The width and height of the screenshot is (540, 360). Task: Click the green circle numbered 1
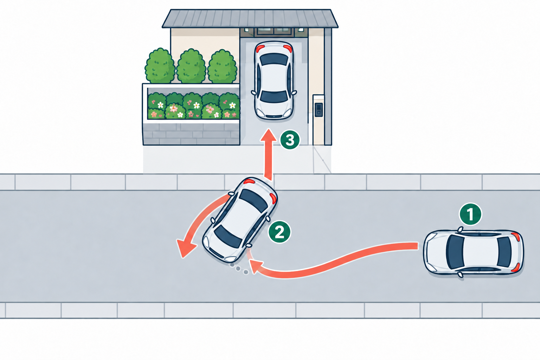tap(470, 214)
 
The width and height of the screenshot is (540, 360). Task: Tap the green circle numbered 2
tap(279, 232)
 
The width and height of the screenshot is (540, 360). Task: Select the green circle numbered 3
tap(290, 140)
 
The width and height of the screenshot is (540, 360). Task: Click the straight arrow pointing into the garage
tap(268, 154)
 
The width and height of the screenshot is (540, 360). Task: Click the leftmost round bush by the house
tap(160, 66)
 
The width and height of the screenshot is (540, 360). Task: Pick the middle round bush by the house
tap(191, 66)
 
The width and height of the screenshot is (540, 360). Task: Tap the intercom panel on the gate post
tap(319, 110)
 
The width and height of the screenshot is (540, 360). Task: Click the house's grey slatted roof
tap(250, 19)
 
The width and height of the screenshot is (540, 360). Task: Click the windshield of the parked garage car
tap(274, 96)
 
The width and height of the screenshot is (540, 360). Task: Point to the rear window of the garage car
tap(274, 59)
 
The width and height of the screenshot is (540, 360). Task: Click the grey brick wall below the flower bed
tap(191, 134)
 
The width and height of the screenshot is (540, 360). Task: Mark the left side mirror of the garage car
tap(253, 92)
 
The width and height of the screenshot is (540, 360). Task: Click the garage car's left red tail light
tap(260, 48)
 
